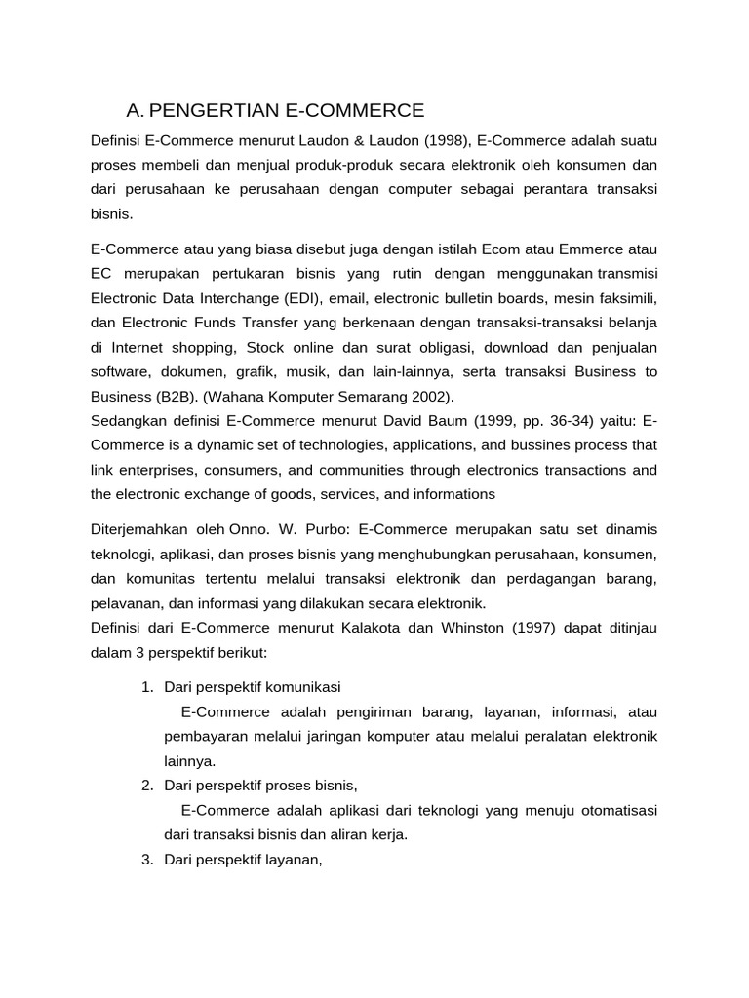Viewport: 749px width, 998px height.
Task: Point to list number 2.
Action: (146, 786)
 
